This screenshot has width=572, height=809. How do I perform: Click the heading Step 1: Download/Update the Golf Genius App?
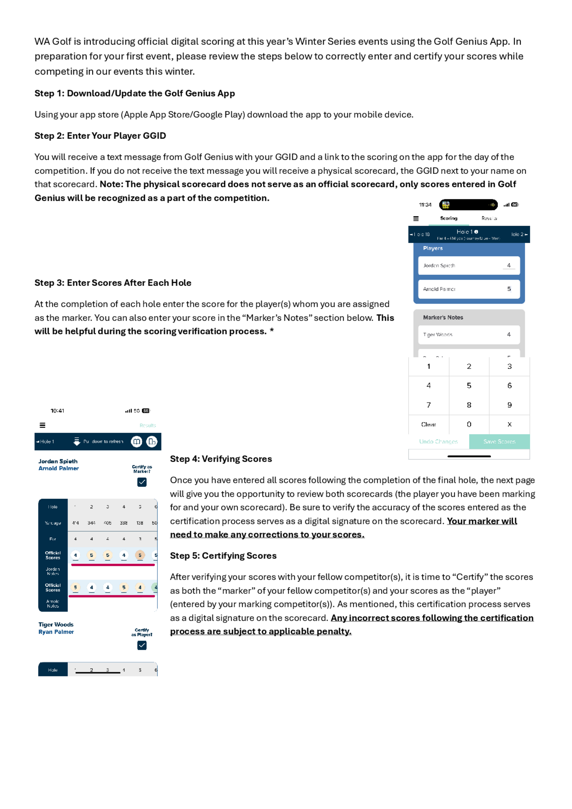click(134, 93)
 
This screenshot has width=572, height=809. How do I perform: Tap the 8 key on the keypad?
click(469, 405)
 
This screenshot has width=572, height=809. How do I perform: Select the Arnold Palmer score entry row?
click(469, 289)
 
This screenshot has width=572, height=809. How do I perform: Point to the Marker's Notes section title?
click(443, 318)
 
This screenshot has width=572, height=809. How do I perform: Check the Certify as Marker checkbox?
click(142, 482)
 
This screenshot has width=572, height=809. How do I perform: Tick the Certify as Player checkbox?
click(142, 645)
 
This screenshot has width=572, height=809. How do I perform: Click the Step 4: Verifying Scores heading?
click(221, 459)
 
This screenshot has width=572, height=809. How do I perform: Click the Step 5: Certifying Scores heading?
click(223, 556)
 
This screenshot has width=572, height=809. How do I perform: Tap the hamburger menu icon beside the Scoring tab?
click(416, 219)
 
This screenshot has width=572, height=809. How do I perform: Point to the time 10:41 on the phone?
click(57, 411)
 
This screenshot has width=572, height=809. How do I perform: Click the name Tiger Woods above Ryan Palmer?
click(56, 625)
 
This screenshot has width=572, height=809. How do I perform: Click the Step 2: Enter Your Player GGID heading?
click(100, 136)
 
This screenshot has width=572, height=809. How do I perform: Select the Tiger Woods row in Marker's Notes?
click(469, 334)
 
